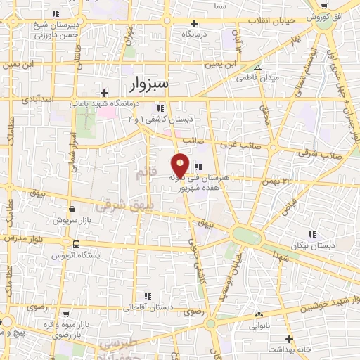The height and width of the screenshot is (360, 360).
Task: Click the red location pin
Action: click(x=181, y=165)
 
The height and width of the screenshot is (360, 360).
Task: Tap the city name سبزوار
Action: click(x=150, y=84)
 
